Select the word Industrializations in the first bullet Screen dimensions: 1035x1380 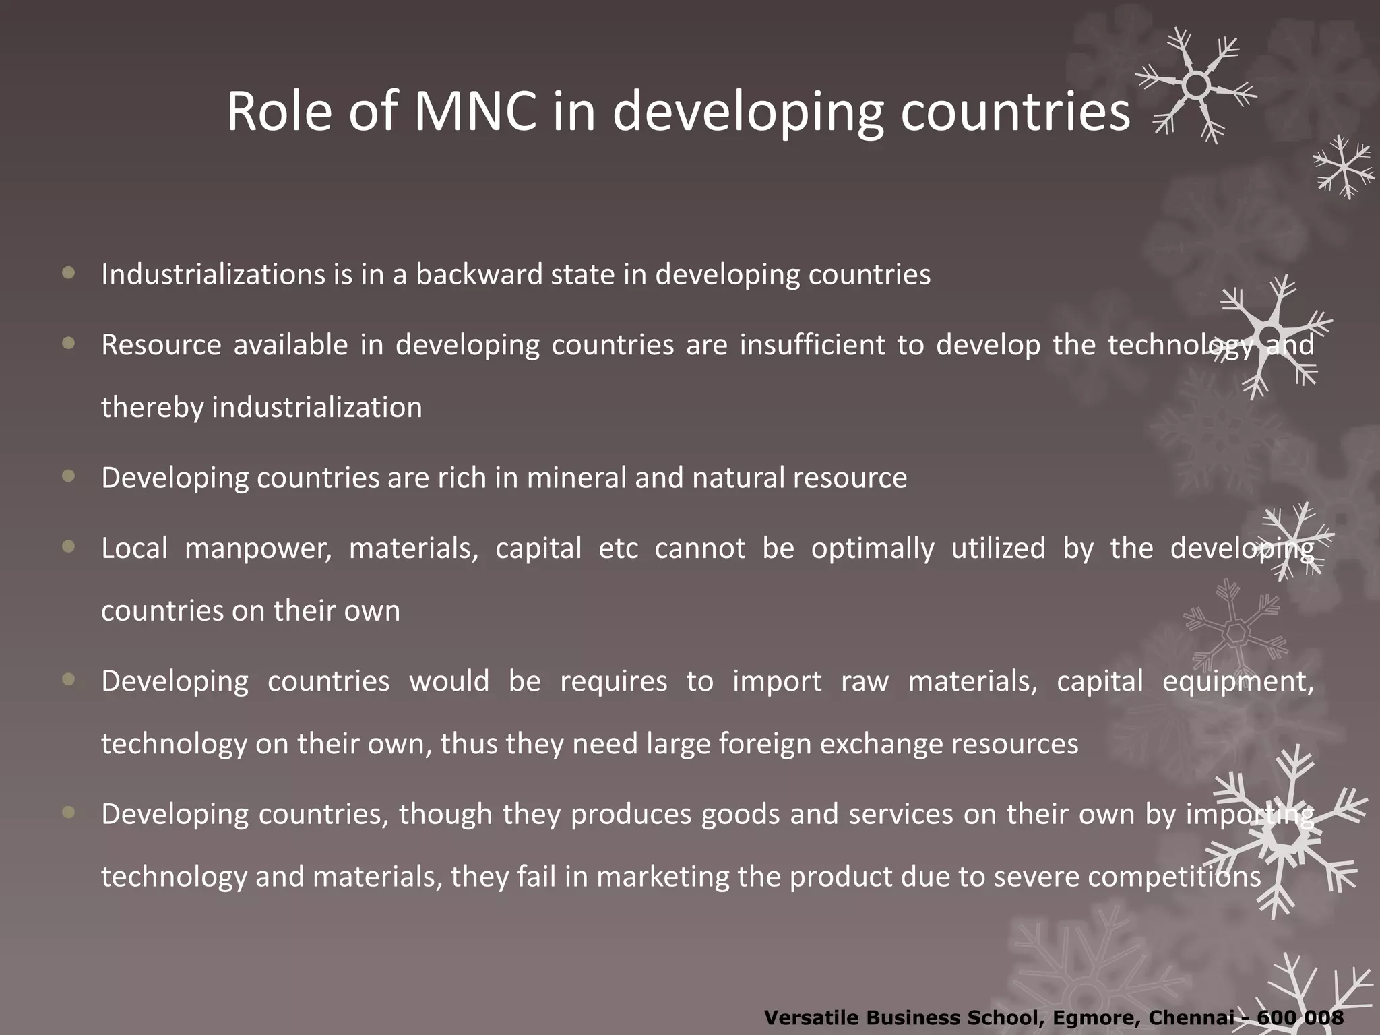(213, 274)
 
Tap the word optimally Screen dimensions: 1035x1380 (873, 548)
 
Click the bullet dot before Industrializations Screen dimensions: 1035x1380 (68, 273)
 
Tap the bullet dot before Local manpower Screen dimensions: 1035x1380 (68, 546)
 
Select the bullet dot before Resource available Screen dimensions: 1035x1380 (68, 344)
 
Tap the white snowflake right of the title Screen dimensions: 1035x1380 (1195, 86)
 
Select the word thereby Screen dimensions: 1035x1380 (152, 408)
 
